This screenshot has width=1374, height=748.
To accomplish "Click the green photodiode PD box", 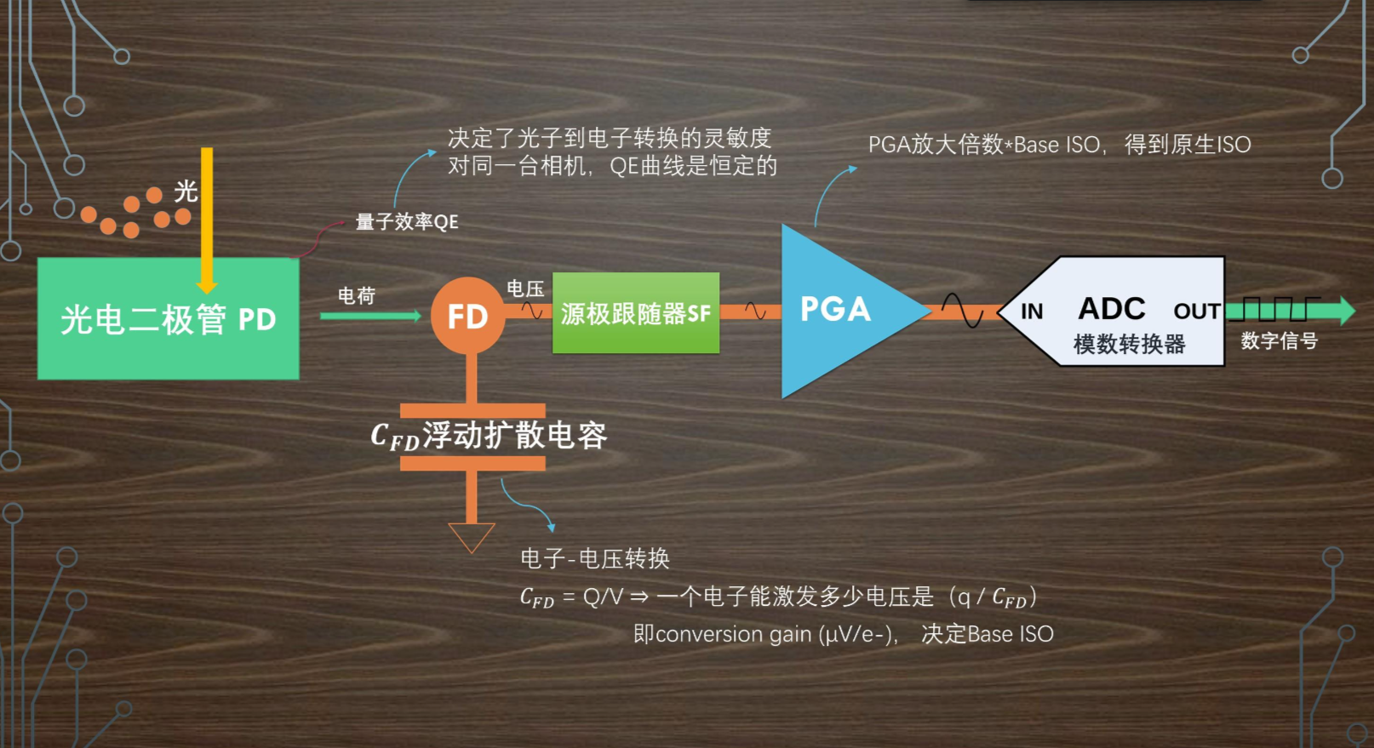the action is tap(168, 319).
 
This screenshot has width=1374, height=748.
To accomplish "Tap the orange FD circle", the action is tap(467, 316).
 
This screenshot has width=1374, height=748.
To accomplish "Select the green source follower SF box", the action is tap(635, 313).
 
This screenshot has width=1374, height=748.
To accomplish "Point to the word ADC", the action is tap(1112, 308).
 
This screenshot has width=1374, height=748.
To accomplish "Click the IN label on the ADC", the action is tap(1032, 311).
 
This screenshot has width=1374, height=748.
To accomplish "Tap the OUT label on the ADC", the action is tap(1196, 311).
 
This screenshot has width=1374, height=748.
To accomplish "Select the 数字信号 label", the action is tap(1279, 341).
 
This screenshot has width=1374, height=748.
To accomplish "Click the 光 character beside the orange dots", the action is tap(186, 191).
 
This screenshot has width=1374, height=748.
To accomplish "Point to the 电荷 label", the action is tap(356, 295).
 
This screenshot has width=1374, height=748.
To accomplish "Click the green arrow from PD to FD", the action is tap(370, 316).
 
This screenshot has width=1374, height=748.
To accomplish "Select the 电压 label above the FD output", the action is tap(525, 289).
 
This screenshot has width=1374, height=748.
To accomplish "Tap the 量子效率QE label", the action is tap(406, 222).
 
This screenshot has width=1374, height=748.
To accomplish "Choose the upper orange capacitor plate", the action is tap(472, 410).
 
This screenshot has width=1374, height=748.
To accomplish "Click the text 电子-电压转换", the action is tap(595, 558).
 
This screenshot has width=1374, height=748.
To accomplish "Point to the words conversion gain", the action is tap(733, 634).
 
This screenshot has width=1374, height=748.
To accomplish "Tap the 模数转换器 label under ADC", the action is tap(1129, 344).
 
